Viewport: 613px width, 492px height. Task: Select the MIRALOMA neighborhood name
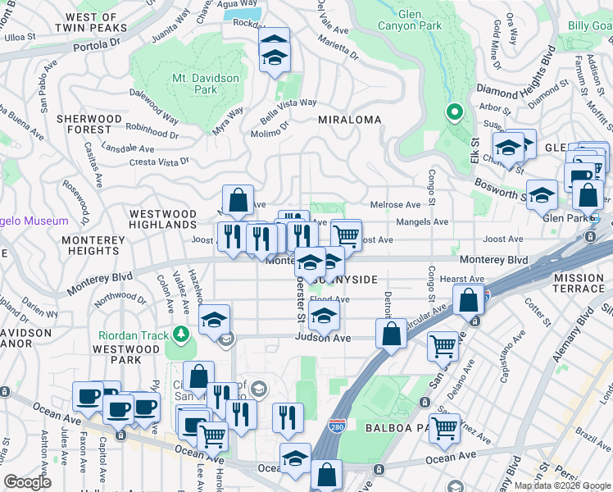coord(350,120)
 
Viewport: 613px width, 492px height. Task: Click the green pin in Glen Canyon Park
coord(453,112)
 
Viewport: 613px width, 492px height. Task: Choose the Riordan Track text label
coord(134,335)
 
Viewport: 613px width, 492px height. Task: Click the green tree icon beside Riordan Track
coord(179,335)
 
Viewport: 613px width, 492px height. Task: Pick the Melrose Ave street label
coord(396,204)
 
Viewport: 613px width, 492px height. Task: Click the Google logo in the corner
coord(27,482)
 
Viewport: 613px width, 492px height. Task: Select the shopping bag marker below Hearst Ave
coord(469,301)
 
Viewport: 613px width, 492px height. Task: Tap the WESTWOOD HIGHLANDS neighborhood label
coord(163,220)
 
